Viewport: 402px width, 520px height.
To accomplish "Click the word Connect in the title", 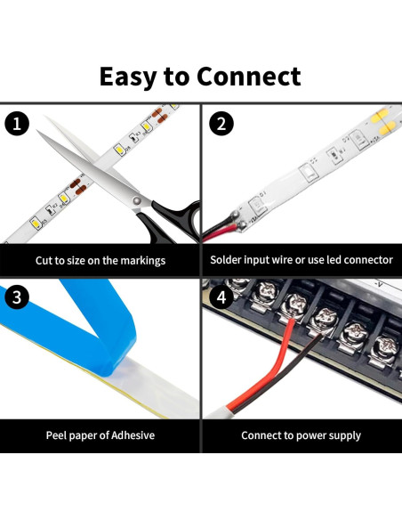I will [x=248, y=77].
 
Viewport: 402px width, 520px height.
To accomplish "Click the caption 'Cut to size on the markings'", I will [x=100, y=260].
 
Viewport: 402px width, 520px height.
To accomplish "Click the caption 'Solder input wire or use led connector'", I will [x=301, y=260].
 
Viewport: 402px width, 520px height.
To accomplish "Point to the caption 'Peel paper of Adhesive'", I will [x=100, y=435].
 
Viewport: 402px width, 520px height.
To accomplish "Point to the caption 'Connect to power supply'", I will [x=301, y=435].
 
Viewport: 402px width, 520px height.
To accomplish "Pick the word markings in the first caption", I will [x=144, y=260].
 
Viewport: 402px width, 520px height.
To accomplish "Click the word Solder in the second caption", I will [x=228, y=260].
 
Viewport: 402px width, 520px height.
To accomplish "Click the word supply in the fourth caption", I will [x=343, y=435].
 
